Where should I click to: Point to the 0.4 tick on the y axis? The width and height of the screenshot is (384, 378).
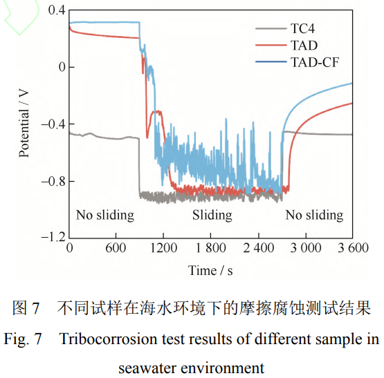(55, 11)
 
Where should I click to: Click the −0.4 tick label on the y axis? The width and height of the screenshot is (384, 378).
(51, 124)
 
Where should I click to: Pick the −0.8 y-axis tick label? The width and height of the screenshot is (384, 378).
(51, 181)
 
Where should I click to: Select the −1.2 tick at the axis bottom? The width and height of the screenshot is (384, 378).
(51, 237)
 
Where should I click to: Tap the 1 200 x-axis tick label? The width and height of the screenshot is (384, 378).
(163, 247)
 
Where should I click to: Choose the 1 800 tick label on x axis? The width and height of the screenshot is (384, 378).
(211, 247)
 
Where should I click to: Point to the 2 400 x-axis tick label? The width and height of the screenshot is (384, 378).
(259, 247)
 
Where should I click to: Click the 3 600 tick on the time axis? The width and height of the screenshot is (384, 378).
(354, 247)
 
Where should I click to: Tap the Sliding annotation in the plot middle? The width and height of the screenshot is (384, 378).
(212, 215)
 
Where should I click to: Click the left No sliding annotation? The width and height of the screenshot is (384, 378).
(105, 215)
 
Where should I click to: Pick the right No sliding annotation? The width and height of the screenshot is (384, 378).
(314, 215)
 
